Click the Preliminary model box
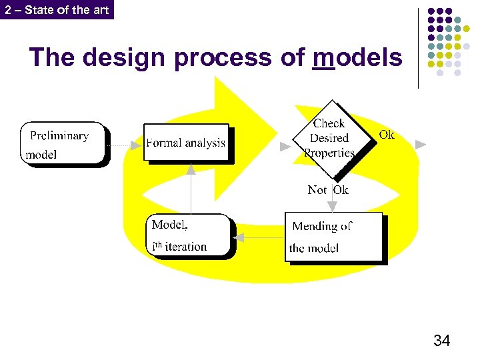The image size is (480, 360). [63, 143]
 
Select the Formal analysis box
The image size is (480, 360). [186, 143]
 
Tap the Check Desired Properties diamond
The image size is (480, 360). [329, 139]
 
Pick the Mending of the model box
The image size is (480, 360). [334, 237]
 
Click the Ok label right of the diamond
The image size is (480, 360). [387, 135]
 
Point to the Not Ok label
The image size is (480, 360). [328, 190]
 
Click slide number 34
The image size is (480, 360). [441, 341]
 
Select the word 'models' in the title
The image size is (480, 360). [357, 58]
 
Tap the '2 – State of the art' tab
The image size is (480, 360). [57, 9]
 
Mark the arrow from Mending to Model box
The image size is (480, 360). [260, 237]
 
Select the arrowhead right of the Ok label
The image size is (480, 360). [420, 144]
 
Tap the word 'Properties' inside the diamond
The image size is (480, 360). [329, 153]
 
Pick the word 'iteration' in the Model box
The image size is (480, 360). [186, 247]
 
